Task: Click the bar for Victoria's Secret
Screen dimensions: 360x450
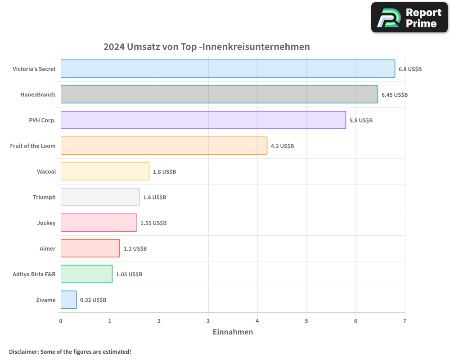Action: click(228, 69)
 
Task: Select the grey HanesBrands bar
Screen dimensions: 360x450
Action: click(219, 94)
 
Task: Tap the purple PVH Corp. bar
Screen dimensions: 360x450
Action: click(203, 120)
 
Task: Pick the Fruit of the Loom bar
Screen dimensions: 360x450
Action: click(164, 146)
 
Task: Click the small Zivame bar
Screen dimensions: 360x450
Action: click(68, 300)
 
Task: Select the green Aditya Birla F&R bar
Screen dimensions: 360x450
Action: click(86, 274)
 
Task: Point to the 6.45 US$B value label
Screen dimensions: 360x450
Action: click(394, 95)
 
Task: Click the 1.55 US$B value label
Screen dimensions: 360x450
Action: click(153, 223)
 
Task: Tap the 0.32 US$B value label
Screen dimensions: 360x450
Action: click(93, 300)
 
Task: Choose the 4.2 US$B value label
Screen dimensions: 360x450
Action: click(282, 146)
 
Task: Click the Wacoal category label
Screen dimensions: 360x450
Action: click(46, 171)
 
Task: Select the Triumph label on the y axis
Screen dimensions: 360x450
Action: click(44, 197)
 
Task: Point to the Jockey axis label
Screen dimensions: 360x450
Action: click(46, 223)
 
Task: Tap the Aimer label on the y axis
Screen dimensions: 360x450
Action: click(48, 248)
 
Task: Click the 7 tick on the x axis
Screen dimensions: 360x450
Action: click(405, 321)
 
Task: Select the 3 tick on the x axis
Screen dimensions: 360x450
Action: click(208, 321)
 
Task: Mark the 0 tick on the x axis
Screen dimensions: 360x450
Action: click(61, 321)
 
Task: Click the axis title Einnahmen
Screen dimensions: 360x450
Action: click(233, 332)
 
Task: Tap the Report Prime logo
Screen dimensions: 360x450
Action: click(409, 18)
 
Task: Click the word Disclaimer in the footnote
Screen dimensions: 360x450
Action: click(23, 351)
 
